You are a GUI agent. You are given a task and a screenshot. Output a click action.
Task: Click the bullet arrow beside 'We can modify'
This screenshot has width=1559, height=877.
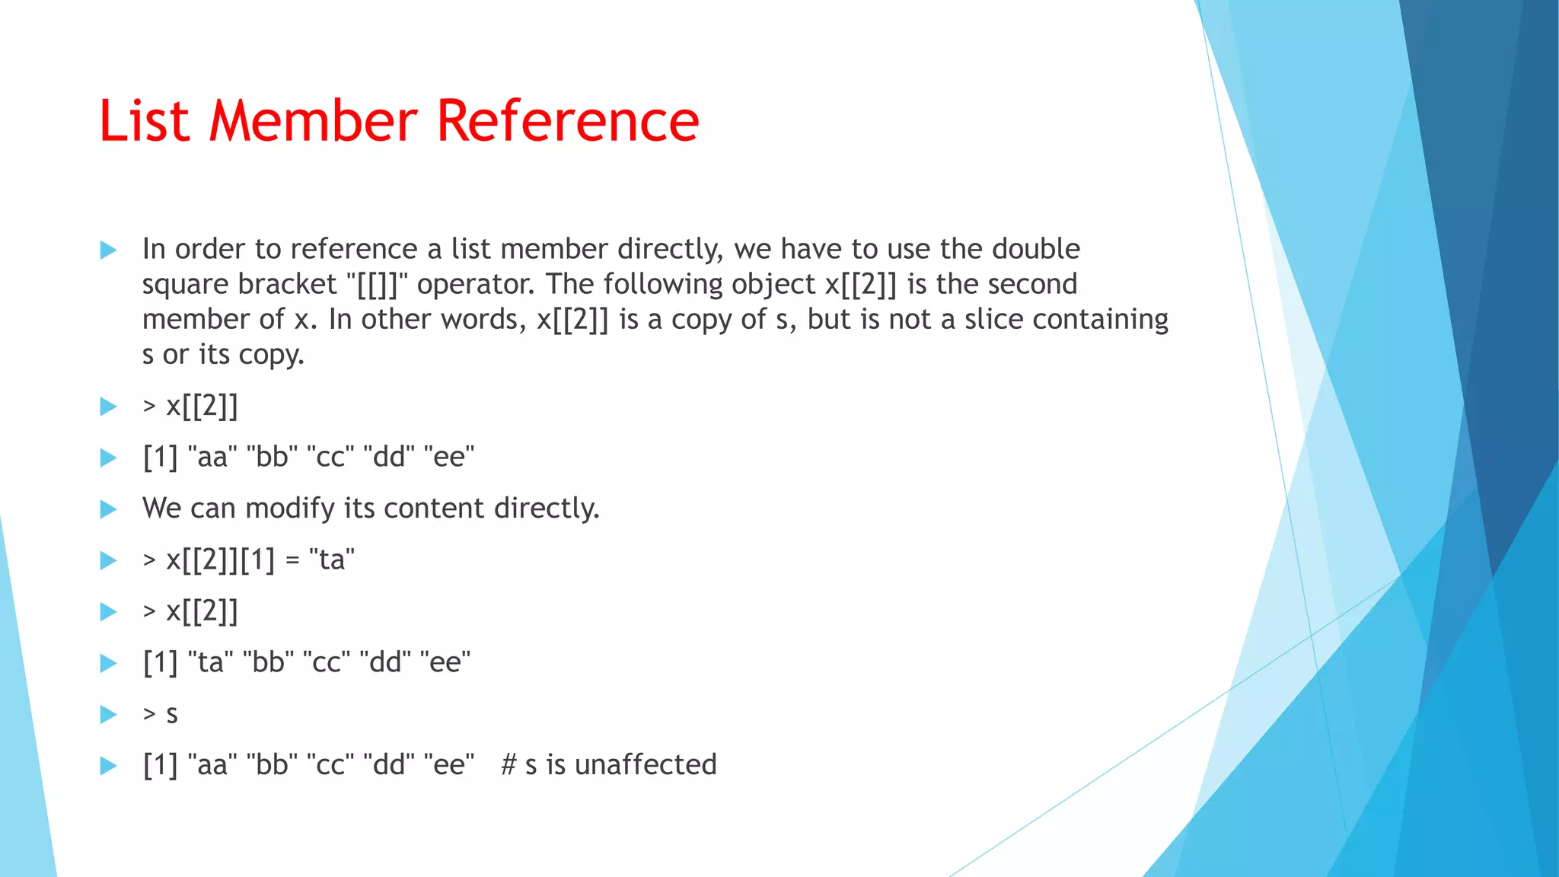point(108,509)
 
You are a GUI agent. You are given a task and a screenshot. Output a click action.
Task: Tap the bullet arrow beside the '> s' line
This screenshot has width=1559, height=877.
point(108,714)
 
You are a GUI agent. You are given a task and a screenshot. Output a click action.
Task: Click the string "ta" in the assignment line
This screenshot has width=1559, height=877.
point(332,560)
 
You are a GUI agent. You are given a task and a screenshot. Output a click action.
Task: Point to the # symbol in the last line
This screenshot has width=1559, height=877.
point(509,764)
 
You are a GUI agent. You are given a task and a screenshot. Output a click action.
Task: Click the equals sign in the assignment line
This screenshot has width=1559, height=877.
point(292,561)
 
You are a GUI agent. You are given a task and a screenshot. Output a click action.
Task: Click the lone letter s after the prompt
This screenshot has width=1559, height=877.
point(172,715)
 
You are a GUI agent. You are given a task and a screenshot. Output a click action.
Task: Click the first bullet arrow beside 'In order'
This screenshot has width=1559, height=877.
point(108,250)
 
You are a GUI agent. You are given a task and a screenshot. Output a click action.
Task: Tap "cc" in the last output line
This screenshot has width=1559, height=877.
point(330,764)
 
